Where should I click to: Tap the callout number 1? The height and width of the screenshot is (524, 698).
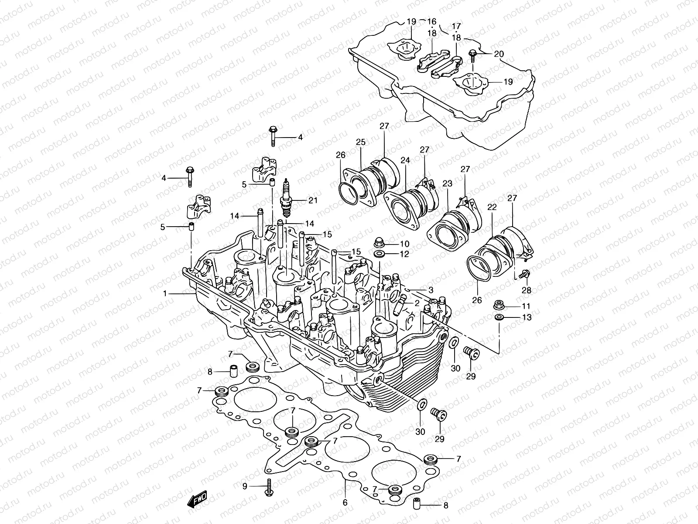[165, 294]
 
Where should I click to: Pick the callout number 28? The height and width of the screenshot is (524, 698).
[527, 290]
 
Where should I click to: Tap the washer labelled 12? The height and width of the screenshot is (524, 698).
[379, 254]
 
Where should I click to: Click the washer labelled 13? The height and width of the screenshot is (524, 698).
[500, 317]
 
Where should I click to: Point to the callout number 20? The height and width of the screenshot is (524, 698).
[499, 54]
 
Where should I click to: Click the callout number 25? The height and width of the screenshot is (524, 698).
[360, 142]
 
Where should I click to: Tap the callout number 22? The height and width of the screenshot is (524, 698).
[492, 208]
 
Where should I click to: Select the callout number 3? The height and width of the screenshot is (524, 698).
[430, 290]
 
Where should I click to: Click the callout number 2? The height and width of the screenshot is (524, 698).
[417, 303]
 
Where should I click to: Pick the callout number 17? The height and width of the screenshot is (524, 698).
[456, 25]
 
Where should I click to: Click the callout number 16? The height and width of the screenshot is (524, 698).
[431, 21]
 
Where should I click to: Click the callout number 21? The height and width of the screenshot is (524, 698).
[313, 200]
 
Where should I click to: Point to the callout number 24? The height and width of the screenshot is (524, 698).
[405, 161]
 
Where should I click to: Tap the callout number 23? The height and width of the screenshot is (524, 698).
[447, 184]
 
